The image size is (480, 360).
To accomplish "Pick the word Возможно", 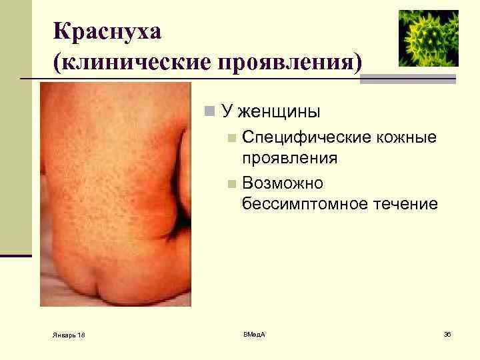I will (x=283, y=183).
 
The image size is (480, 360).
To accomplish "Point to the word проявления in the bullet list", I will (x=290, y=159).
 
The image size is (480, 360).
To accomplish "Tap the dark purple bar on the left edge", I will (x=16, y=255).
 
